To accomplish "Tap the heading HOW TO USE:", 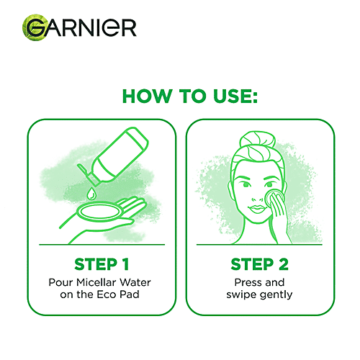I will point(180,96).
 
